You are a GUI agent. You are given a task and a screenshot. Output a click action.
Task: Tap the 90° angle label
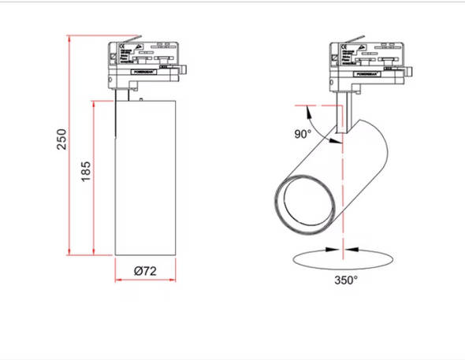[303, 135]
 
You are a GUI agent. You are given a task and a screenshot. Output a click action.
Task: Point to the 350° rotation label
[345, 280]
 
